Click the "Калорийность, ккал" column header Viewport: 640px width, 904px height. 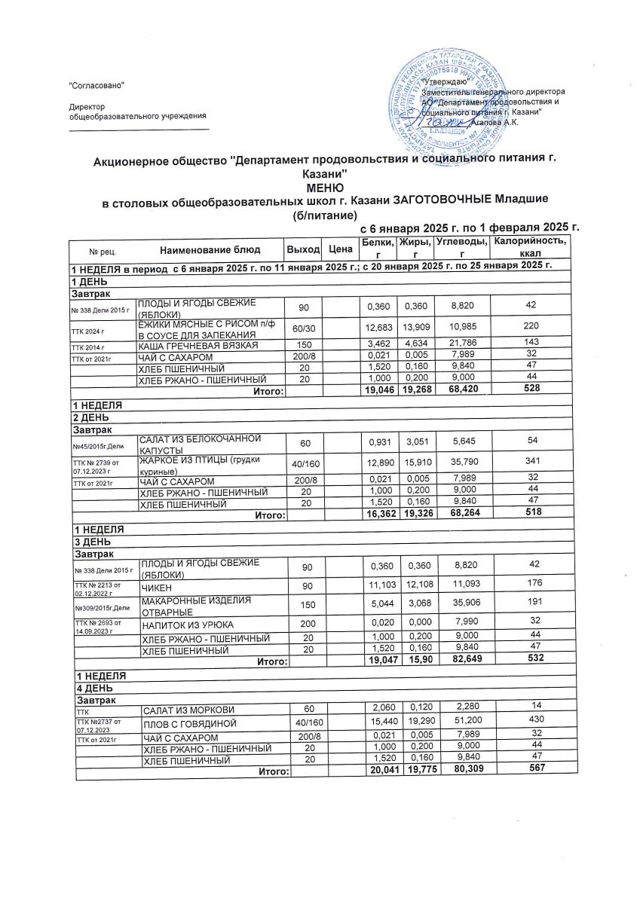point(528,248)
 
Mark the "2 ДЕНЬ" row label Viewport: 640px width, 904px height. point(89,417)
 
